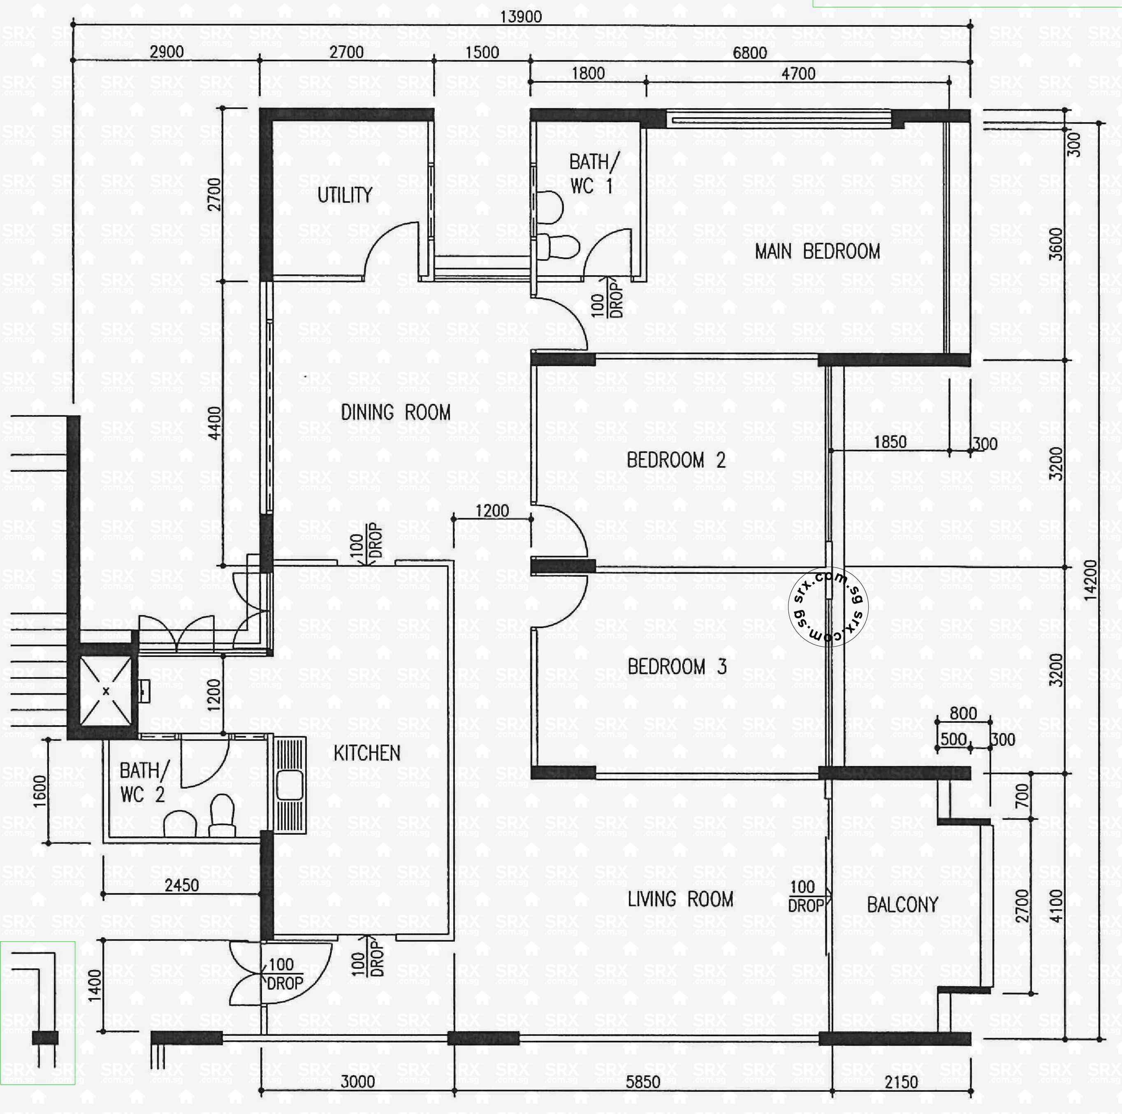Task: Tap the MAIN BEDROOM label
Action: [x=817, y=251]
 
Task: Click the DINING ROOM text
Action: [x=396, y=412]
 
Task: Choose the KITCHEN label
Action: [x=367, y=753]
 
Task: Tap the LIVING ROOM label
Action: [x=680, y=900]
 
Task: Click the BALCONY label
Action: [x=902, y=904]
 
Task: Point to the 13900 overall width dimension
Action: [x=521, y=16]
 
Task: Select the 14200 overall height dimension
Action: [x=1091, y=580]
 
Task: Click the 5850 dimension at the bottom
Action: [x=643, y=1082]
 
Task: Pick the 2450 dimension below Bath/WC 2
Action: [x=182, y=885]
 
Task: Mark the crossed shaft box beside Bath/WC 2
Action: [x=106, y=691]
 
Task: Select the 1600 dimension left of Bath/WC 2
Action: [x=39, y=791]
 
